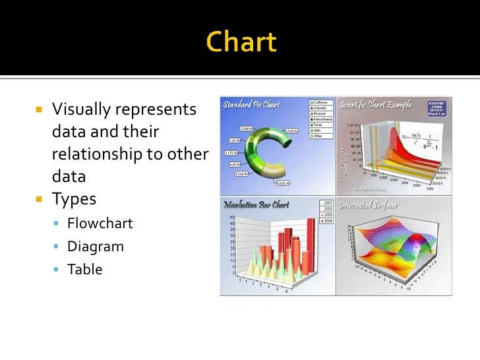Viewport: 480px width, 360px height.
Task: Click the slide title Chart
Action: (x=241, y=44)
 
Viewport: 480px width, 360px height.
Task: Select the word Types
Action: (x=74, y=199)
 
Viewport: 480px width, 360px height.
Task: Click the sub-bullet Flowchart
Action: (x=100, y=224)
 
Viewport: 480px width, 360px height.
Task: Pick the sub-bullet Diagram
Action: (x=95, y=247)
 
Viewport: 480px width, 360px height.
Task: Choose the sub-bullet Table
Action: (x=84, y=269)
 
